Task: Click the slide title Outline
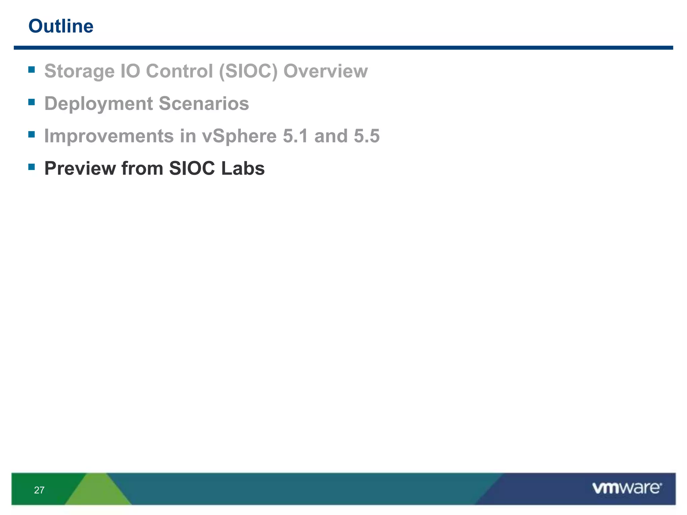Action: click(x=61, y=26)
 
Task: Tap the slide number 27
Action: click(x=39, y=490)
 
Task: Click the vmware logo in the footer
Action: click(x=627, y=488)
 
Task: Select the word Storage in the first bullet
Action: click(x=79, y=71)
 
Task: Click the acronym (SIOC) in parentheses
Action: click(x=248, y=71)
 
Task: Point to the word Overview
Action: click(x=325, y=71)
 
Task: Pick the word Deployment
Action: click(x=98, y=104)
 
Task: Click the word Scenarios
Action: click(x=204, y=104)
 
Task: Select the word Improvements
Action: click(x=109, y=136)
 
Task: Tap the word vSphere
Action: click(x=239, y=136)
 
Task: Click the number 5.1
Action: click(x=295, y=136)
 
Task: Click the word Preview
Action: click(x=80, y=168)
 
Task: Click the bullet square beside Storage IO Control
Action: click(x=32, y=69)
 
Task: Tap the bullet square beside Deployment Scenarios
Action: click(x=32, y=102)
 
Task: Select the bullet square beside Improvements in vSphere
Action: click(x=32, y=134)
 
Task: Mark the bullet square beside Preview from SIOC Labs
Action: click(x=32, y=167)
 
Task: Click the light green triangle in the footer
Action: click(x=98, y=491)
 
